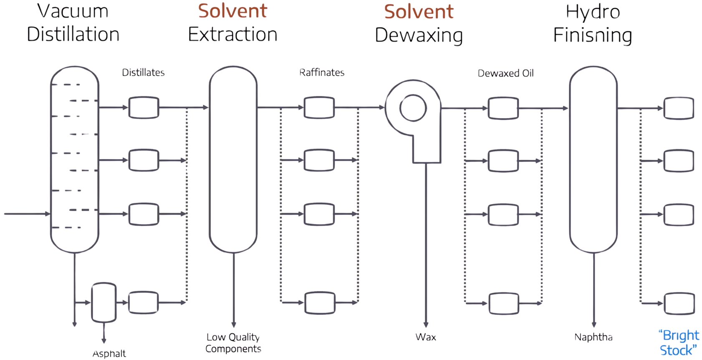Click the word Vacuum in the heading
tap(73, 11)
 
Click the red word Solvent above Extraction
tap(232, 11)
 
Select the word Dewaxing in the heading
tap(419, 35)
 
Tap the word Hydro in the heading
tap(593, 12)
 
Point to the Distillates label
tap(143, 73)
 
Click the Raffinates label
tap(322, 73)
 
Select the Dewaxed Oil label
tap(505, 73)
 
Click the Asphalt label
tap(109, 354)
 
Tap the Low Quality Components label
tap(233, 343)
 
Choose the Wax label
tap(426, 337)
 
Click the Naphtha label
tap(593, 337)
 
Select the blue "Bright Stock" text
tap(679, 342)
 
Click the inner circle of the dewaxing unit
tap(413, 108)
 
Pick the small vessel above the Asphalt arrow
tap(104, 302)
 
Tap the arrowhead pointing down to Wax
tap(426, 325)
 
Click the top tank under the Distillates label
tap(144, 108)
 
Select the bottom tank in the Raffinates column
tap(320, 303)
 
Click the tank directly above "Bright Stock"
tap(679, 304)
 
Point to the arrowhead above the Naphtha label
tap(593, 325)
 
